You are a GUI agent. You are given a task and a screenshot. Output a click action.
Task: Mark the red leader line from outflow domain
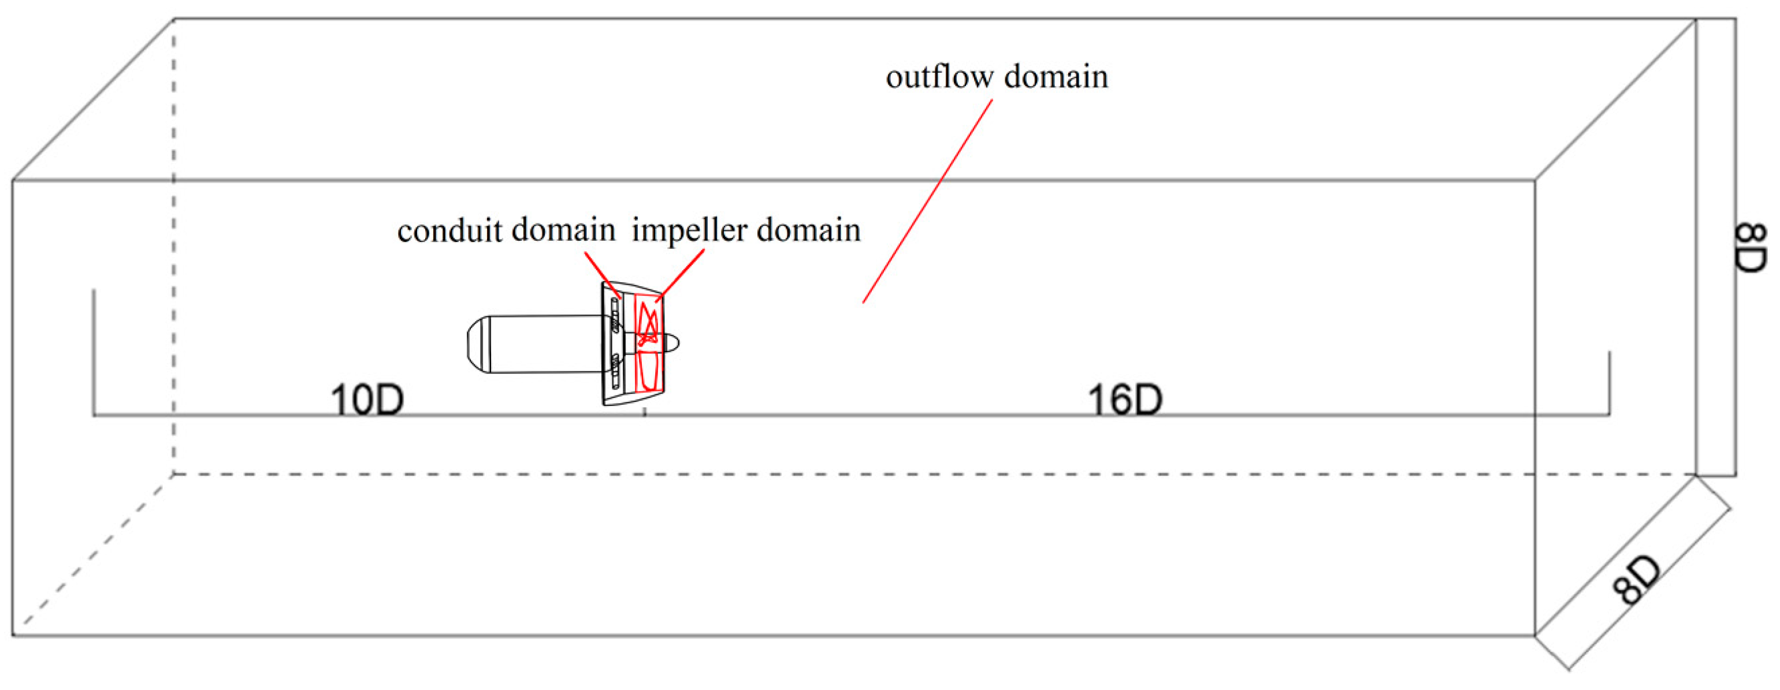927,201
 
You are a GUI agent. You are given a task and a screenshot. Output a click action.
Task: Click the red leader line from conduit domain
602,274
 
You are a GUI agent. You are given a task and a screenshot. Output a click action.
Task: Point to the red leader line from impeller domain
681,274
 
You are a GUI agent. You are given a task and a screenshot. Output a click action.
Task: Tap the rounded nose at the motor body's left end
478,344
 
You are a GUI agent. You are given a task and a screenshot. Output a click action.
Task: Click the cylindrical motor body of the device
546,344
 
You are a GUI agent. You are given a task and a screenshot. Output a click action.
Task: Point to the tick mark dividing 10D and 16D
645,412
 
